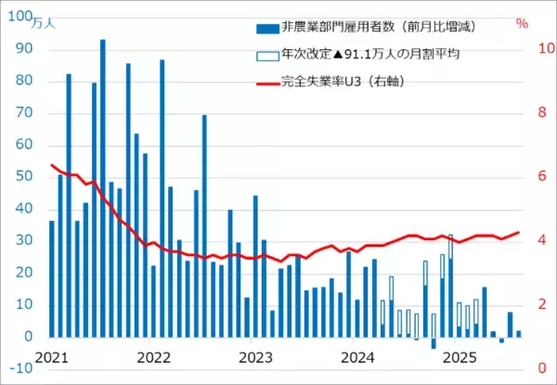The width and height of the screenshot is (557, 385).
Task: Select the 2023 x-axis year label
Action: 254,355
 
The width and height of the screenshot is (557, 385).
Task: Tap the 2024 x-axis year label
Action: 356,355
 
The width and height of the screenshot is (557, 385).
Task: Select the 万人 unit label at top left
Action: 44,22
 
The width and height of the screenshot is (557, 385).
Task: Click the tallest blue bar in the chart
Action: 102,186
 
